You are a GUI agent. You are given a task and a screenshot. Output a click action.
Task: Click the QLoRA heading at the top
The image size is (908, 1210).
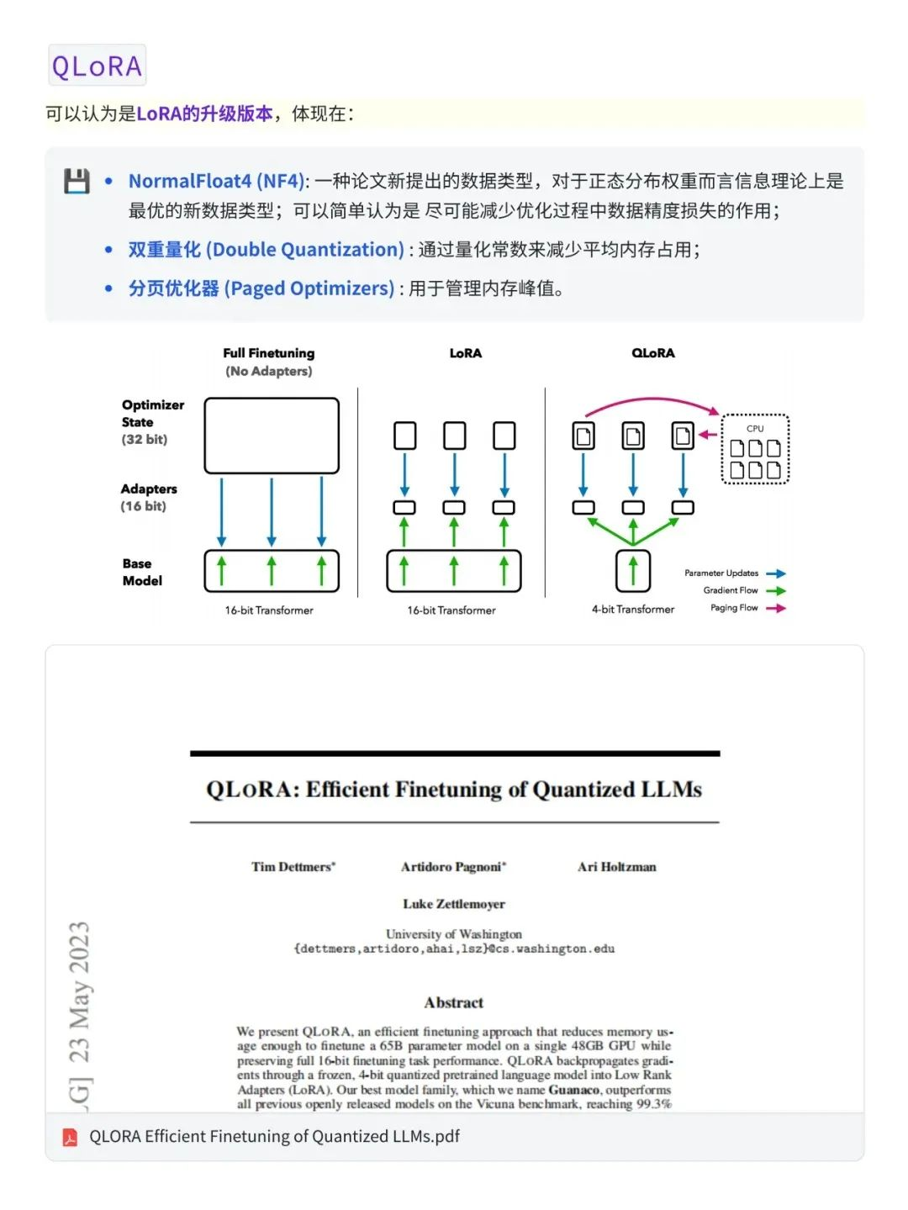coord(97,66)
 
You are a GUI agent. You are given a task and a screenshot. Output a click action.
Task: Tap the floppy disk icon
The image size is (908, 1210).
coord(77,181)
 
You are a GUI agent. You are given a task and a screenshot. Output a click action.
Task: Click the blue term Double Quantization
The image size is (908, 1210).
coord(266,250)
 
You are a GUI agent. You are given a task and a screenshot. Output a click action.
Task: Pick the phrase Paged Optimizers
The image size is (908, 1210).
coord(261,288)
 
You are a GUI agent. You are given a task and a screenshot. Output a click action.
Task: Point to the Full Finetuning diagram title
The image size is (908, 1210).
coord(269,353)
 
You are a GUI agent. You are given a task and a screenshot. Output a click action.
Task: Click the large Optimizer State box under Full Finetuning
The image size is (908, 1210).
coord(272,436)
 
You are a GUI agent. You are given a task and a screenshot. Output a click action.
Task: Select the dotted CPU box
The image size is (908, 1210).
coord(755,449)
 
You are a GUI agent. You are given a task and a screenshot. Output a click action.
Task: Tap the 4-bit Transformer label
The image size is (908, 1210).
coord(632,610)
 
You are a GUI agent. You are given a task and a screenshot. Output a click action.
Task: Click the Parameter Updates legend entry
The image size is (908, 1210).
coord(722,573)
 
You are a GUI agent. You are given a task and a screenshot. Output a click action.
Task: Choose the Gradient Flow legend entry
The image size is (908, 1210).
coord(731,590)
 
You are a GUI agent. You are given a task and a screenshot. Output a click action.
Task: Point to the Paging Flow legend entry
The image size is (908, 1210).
coord(734,608)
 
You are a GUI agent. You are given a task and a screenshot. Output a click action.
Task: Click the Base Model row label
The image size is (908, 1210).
coord(141,572)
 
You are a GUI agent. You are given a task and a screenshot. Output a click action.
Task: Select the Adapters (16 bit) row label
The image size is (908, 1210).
coord(148,497)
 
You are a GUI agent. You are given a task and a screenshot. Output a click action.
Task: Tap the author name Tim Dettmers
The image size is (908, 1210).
coord(293,867)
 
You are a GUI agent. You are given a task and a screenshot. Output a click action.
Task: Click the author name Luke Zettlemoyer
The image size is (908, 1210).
coord(454,904)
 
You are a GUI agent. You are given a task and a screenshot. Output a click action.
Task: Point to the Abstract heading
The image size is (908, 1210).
coord(454,1002)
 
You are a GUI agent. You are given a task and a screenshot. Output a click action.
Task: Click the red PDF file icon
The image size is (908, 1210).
coord(70,1137)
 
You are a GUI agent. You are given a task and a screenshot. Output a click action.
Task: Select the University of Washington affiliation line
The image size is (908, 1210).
coord(454,934)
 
